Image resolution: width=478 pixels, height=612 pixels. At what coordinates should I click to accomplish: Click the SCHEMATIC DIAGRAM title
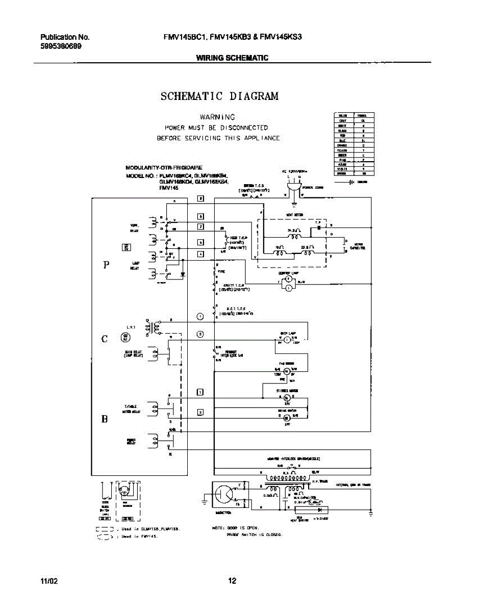tap(219, 96)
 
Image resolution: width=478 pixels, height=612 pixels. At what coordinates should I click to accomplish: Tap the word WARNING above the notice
tap(217, 117)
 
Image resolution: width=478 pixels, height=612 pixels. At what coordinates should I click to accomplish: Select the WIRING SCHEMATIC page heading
tap(232, 58)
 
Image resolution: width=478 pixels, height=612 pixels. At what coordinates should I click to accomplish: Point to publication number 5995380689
tap(61, 46)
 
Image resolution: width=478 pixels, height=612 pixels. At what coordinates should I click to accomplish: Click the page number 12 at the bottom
tap(232, 580)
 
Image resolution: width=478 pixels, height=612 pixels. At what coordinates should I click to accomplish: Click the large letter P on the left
tap(106, 265)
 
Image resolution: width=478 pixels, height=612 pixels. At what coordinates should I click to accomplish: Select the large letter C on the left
tap(105, 339)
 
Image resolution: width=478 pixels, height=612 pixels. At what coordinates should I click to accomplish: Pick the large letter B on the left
tap(105, 419)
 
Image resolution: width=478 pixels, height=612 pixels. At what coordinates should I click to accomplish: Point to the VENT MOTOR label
tap(295, 215)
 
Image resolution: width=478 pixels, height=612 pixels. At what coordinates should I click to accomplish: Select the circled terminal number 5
tap(200, 335)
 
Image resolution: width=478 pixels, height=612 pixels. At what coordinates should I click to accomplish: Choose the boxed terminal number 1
tap(200, 392)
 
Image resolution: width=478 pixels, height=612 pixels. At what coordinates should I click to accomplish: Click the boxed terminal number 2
tap(200, 412)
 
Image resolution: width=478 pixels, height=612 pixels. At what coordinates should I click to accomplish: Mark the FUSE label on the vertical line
tap(221, 272)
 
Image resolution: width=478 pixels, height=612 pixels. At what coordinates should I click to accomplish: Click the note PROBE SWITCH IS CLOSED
tap(254, 535)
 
